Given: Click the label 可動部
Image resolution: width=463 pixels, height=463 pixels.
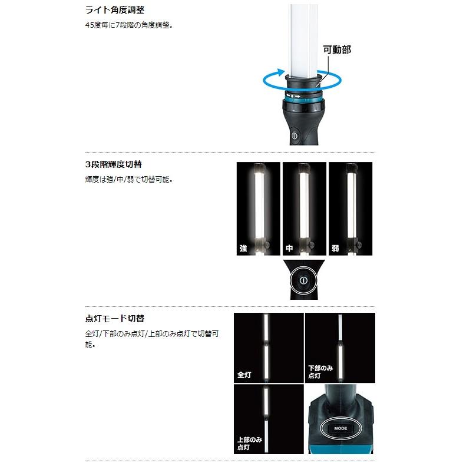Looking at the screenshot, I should click(337, 49).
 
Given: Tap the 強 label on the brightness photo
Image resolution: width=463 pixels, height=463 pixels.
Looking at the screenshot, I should click(243, 248).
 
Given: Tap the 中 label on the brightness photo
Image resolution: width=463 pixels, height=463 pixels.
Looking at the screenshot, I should click(289, 248).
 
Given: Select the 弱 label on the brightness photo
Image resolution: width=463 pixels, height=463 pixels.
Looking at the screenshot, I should click(335, 248).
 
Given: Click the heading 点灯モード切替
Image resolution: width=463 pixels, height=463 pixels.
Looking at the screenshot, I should click(114, 319).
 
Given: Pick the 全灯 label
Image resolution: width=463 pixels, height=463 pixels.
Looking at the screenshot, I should click(244, 375).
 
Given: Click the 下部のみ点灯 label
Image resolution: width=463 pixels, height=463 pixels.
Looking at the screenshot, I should click(320, 372).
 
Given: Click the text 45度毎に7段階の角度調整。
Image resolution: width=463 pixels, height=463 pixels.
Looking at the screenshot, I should click(129, 26).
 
